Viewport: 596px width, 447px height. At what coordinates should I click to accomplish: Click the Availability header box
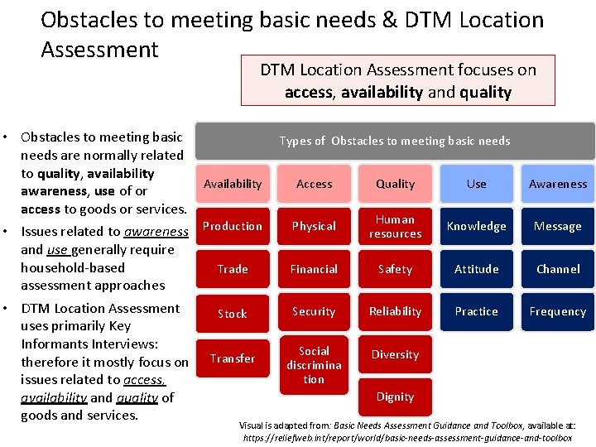[233, 184]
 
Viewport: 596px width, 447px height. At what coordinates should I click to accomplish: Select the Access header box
[314, 184]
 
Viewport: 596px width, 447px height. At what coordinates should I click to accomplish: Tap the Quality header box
[395, 184]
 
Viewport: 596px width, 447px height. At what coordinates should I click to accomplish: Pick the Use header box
[476, 184]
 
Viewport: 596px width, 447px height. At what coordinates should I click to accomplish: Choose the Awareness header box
[558, 184]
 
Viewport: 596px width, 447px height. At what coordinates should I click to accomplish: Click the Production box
[233, 226]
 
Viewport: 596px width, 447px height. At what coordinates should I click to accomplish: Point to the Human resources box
[395, 226]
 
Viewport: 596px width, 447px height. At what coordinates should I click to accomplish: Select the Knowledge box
[476, 226]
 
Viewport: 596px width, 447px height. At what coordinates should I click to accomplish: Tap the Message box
[558, 226]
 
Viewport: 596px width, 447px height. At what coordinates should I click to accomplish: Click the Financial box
[314, 269]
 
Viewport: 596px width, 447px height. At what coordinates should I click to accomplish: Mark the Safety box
[395, 269]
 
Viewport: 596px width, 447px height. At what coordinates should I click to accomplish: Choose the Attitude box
[476, 269]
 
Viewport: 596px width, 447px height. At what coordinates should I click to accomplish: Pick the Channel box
[558, 269]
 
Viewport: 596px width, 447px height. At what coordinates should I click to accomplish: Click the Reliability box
[395, 312]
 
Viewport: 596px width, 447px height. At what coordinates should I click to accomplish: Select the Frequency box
[558, 312]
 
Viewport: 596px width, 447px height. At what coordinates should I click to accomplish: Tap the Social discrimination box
[314, 365]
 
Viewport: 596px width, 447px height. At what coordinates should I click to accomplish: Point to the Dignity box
[395, 397]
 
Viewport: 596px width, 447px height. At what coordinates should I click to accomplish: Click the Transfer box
[233, 358]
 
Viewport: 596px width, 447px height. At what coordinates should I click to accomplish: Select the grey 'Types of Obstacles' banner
[395, 141]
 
